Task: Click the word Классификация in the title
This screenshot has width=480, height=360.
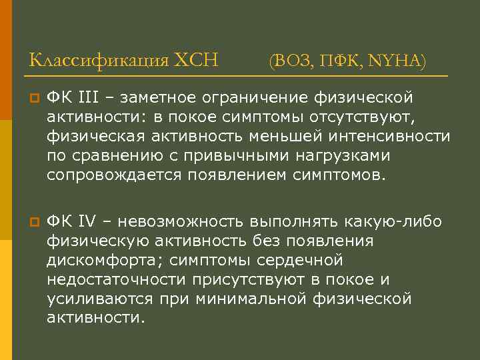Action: (x=98, y=61)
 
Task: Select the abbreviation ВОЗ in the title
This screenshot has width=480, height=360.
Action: (x=292, y=62)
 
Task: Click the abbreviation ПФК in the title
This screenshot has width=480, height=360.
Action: (x=339, y=62)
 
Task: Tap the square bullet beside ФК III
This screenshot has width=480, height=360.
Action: (x=33, y=99)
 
